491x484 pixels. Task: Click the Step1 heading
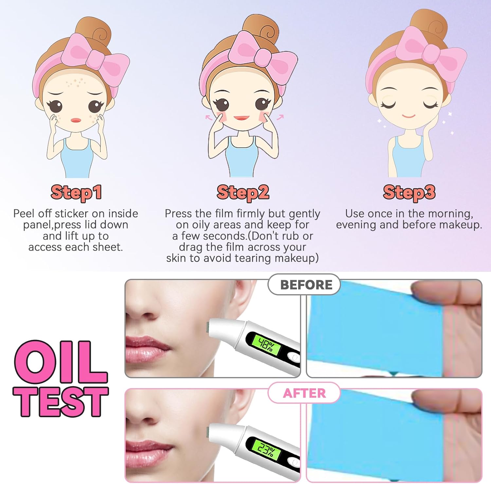pyautogui.click(x=76, y=193)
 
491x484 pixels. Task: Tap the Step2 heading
pyautogui.click(x=243, y=193)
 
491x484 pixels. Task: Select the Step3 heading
pyautogui.click(x=409, y=193)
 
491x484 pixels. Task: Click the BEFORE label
pyautogui.click(x=306, y=285)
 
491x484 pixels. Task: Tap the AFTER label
pyautogui.click(x=304, y=393)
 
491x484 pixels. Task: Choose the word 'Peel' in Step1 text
pyautogui.click(x=24, y=214)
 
